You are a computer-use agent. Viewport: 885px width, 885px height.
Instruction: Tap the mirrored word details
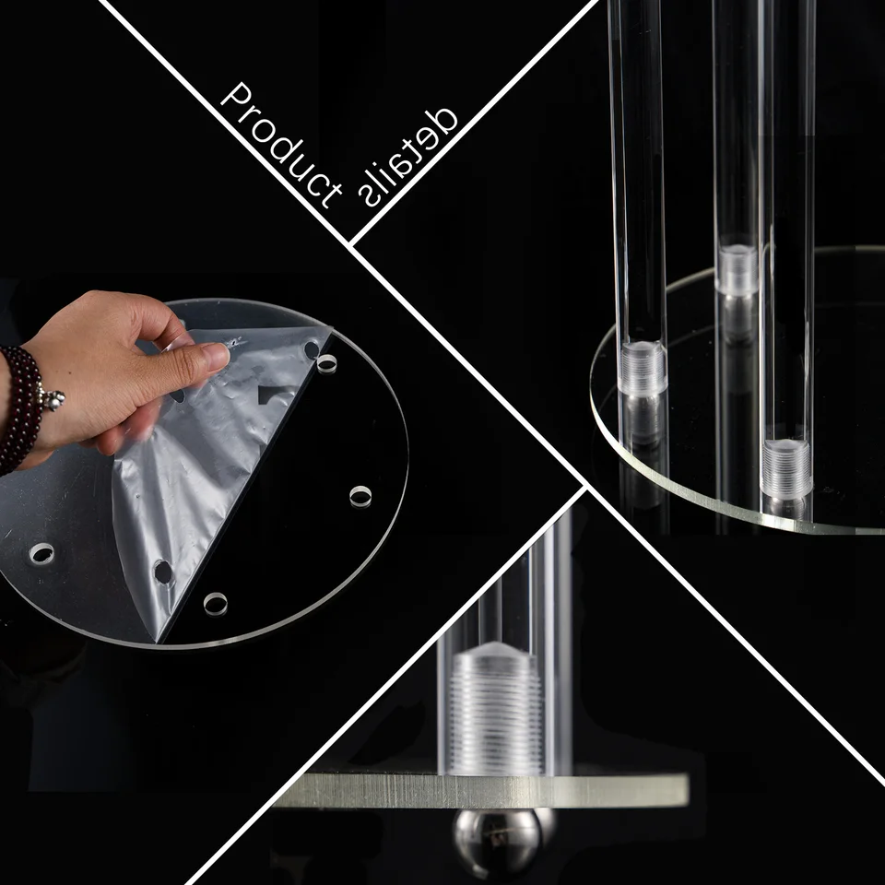point(407,156)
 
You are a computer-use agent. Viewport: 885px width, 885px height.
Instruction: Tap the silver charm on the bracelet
point(53,399)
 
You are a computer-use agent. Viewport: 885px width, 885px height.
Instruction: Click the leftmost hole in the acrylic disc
point(41,554)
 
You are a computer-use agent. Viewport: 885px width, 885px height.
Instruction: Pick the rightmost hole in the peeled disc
point(360,496)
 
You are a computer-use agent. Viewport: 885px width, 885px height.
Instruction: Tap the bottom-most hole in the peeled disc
point(216,604)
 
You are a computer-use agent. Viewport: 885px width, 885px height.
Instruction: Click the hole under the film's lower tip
point(163,572)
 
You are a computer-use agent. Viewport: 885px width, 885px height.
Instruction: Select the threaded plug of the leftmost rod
point(643,368)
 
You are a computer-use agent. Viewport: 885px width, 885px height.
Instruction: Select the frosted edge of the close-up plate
point(486,791)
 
